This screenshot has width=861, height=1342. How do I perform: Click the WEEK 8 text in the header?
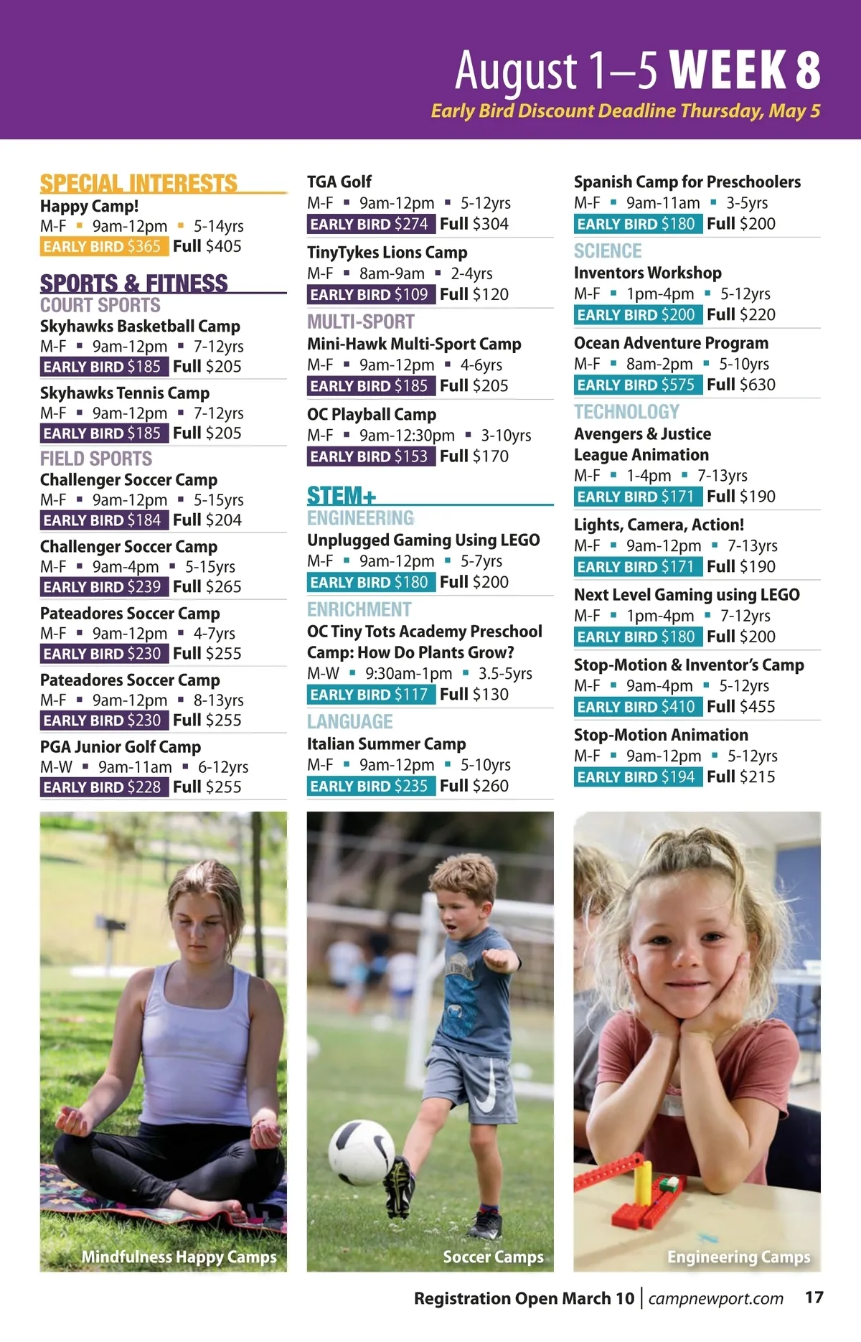click(745, 70)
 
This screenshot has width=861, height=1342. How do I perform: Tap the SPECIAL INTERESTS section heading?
click(138, 184)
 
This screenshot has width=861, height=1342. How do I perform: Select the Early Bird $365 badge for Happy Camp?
click(104, 247)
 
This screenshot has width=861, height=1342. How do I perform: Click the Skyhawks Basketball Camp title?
click(140, 326)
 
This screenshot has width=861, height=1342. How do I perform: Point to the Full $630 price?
click(740, 385)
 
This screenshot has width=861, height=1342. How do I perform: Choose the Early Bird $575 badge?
click(636, 385)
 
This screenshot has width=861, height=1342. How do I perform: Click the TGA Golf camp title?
click(339, 182)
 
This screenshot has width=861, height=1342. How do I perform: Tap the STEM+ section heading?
click(342, 495)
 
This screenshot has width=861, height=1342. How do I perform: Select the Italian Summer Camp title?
click(386, 743)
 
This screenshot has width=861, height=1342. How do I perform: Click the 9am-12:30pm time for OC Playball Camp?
click(407, 436)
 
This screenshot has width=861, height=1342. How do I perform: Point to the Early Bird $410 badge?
click(636, 707)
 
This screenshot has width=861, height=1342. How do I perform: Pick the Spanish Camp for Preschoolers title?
click(687, 182)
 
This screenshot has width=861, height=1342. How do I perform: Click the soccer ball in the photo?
click(362, 1152)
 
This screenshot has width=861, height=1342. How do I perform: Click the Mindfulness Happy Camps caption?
click(179, 1257)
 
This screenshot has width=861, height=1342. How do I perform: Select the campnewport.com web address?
click(715, 1298)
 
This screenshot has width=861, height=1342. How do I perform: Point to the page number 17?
click(814, 1298)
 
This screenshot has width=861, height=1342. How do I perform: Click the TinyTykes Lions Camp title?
click(387, 253)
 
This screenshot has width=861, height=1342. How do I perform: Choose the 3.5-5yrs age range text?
click(505, 674)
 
